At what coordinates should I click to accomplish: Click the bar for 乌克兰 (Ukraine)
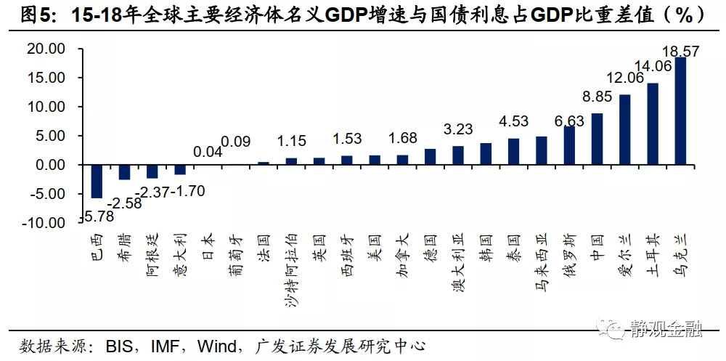(680, 110)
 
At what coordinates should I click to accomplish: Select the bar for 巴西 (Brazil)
(96, 181)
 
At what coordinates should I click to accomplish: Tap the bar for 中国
(597, 139)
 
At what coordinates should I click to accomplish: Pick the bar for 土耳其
(653, 123)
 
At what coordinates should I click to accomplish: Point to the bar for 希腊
(124, 172)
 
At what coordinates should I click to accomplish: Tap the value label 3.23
(458, 129)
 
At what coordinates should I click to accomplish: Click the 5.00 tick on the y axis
(50, 136)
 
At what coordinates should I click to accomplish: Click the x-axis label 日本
(208, 248)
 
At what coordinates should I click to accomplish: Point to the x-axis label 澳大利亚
(457, 261)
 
